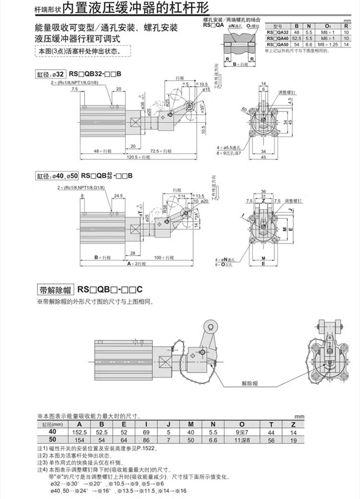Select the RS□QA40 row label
pos(277,37)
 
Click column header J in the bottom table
pos(168,424)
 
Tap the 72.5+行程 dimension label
pos(161,151)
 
